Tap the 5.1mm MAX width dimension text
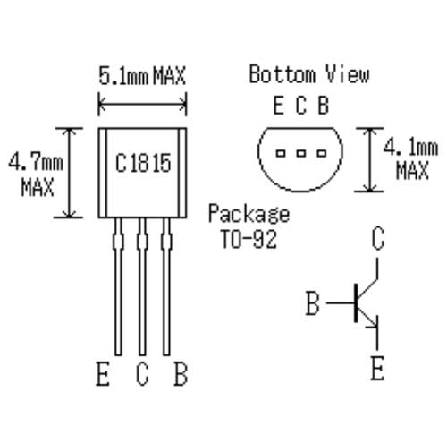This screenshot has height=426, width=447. (x=142, y=76)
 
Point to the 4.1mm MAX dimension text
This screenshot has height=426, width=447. (x=411, y=158)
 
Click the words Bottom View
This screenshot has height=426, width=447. (x=308, y=74)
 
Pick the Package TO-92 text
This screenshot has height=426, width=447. (x=249, y=226)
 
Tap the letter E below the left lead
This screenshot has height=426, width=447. (x=104, y=374)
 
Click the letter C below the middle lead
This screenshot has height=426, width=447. (x=142, y=374)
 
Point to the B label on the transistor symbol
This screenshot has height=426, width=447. (x=312, y=304)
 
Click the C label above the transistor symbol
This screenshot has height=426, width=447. (x=377, y=240)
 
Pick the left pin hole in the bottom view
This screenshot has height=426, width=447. (x=281, y=153)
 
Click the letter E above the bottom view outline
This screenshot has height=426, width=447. (x=279, y=106)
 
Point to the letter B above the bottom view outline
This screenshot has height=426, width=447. (x=323, y=106)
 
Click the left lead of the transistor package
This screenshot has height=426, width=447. (x=117, y=295)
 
